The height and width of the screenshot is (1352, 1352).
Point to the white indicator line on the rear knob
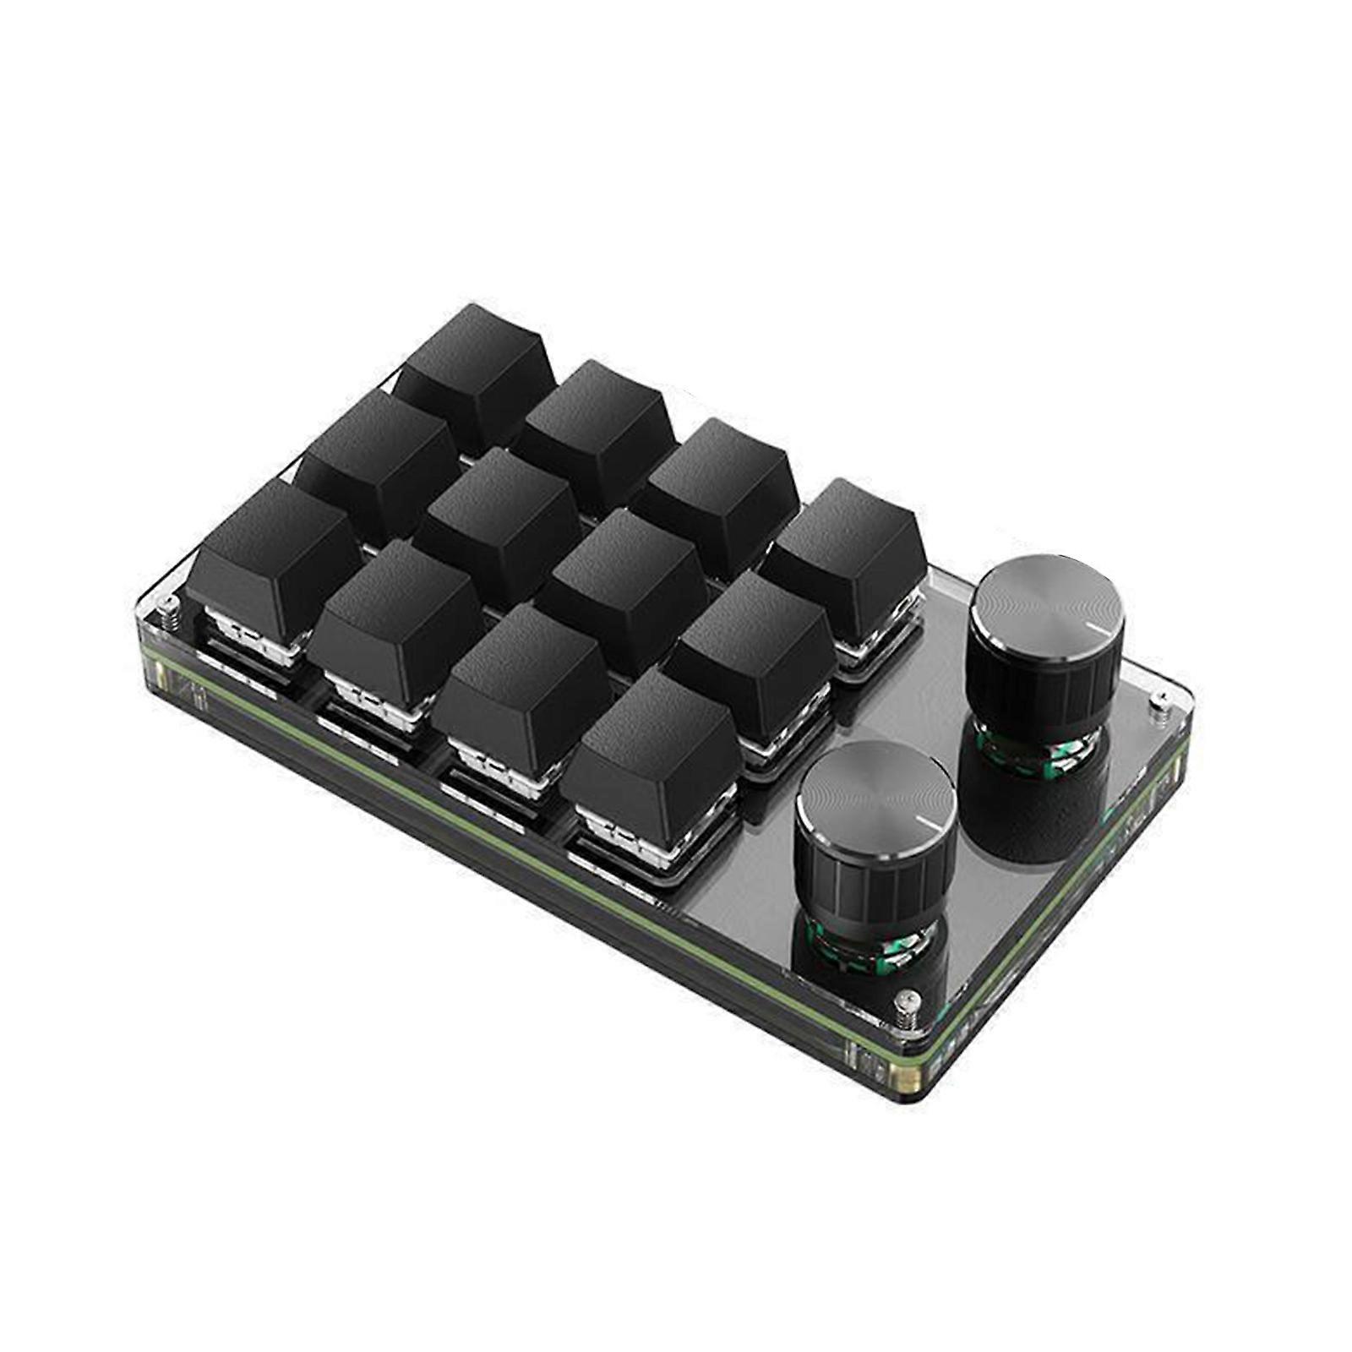pos(1102,628)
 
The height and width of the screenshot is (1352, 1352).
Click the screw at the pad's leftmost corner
pos(172,606)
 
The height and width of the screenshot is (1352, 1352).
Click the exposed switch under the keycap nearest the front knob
pos(621,837)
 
